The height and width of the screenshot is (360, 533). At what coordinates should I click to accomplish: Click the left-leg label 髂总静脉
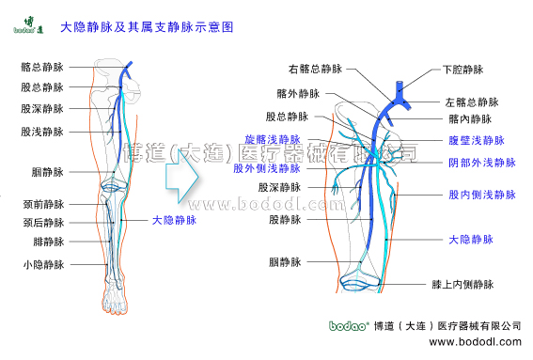42,68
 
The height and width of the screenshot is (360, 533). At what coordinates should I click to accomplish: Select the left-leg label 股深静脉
42,109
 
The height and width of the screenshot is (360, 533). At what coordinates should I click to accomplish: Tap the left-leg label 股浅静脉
42,132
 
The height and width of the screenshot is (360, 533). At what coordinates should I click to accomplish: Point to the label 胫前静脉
42,204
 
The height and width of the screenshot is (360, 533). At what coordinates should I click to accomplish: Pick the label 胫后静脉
42,223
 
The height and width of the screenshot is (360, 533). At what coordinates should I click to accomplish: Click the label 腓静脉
47,243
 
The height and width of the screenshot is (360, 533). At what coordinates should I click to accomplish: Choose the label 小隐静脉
42,265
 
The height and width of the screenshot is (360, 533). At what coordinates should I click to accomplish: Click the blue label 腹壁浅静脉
477,140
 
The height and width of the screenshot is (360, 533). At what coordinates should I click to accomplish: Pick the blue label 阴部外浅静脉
482,163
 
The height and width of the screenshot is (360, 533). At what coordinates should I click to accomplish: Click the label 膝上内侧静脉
462,283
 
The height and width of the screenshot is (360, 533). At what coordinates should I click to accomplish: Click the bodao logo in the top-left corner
24,23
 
